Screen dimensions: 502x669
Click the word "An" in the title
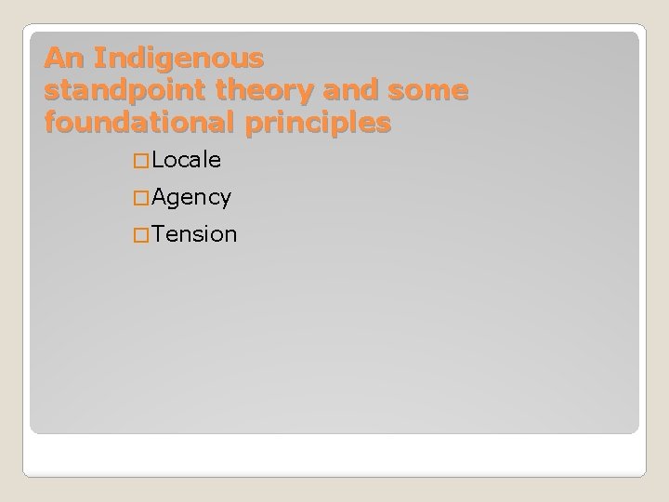point(60,59)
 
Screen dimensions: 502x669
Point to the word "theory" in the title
point(249,91)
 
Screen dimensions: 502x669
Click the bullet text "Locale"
point(187,160)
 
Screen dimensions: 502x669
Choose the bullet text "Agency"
point(192,197)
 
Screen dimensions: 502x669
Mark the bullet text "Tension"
point(195,234)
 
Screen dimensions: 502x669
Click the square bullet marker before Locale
point(141,161)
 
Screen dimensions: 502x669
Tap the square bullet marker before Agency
point(141,198)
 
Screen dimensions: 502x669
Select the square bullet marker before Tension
point(141,235)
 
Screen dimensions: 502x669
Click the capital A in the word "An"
point(54,59)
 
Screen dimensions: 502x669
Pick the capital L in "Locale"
point(159,160)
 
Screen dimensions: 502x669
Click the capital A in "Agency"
point(160,197)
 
